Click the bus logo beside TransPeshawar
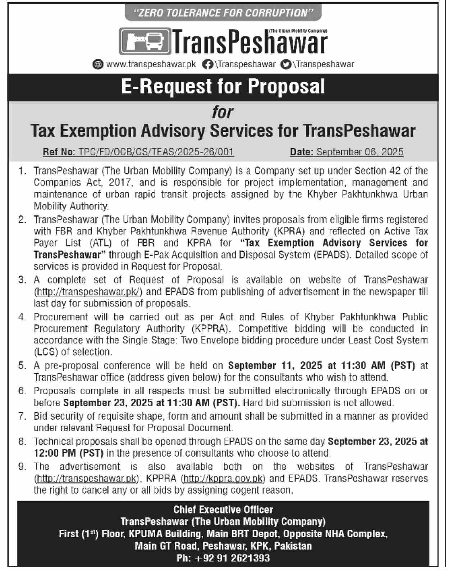pos(145,41)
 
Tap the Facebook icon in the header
pos(207,64)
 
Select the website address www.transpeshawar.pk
pos(151,64)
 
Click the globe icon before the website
pos(97,64)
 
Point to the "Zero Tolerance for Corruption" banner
pos(223,13)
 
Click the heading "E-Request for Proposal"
pos(223,87)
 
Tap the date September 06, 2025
pos(359,152)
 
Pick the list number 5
pos(22,366)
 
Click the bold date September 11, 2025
pos(275,366)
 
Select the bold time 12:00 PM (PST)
pos(69,453)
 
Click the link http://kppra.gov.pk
pos(223,479)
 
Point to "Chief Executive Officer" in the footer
pos(223,510)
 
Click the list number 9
pos(22,467)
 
